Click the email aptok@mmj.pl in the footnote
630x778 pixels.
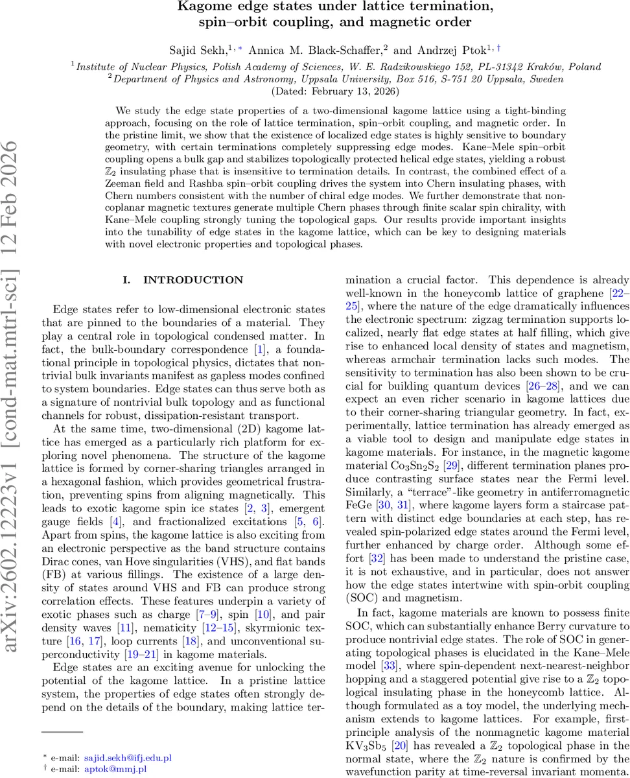(115, 769)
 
